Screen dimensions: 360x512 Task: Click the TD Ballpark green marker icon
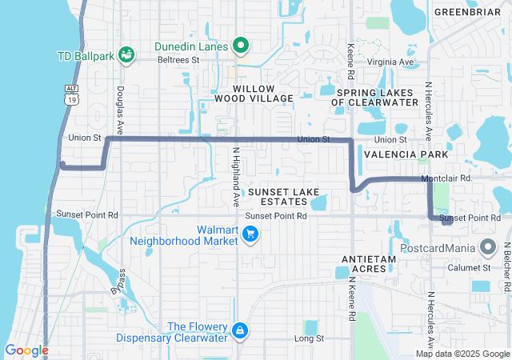point(126,54)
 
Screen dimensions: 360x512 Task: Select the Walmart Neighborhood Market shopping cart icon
point(250,233)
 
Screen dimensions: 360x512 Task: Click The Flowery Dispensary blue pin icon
point(239,330)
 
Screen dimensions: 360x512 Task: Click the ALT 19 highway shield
point(73,96)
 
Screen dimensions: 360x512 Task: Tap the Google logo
point(26,350)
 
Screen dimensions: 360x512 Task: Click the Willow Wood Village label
point(254,93)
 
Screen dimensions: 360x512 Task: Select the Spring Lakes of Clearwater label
point(378,97)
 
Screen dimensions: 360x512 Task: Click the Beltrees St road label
point(178,59)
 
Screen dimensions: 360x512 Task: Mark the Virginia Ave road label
point(391,62)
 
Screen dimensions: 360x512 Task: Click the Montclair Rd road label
point(446,178)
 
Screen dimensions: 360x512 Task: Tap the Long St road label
point(309,338)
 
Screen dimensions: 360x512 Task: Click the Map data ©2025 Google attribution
point(462,354)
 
